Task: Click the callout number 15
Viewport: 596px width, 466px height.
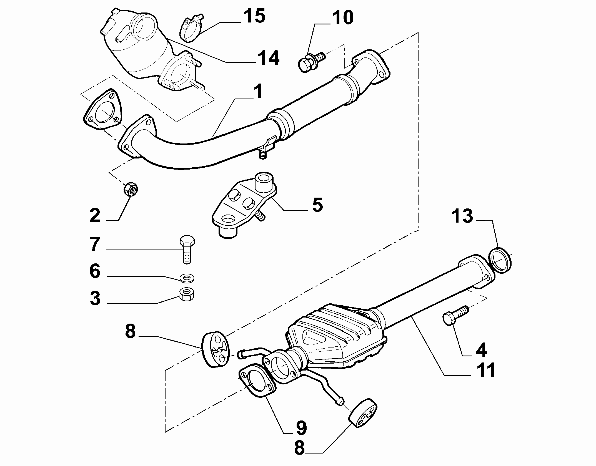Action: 254,16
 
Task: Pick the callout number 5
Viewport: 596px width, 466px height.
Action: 317,205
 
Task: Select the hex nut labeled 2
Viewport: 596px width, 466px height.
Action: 131,190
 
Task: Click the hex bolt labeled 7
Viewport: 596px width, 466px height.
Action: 187,249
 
